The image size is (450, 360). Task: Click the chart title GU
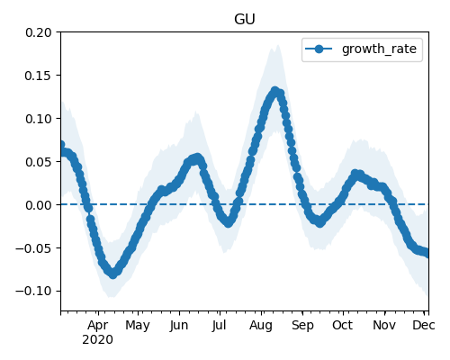(245, 19)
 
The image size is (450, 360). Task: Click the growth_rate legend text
(379, 49)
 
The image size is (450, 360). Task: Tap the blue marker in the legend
(319, 49)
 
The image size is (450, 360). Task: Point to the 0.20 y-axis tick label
(39, 32)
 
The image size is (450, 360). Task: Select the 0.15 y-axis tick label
(39, 76)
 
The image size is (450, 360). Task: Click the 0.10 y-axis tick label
(39, 119)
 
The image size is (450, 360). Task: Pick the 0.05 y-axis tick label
(39, 162)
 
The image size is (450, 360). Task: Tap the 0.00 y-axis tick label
(39, 205)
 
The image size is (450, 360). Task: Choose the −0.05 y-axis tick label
(33, 248)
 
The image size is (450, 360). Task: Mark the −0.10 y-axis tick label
(33, 292)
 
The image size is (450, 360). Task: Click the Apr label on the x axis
(98, 326)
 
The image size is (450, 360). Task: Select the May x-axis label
(138, 326)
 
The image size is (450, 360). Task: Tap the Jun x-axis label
(179, 326)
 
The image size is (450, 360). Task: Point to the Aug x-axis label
(261, 326)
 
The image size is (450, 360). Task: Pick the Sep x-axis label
(302, 326)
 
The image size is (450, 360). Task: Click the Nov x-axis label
(384, 326)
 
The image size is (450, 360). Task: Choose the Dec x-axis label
(424, 326)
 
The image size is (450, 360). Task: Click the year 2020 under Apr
(98, 340)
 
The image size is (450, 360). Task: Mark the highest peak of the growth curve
(274, 91)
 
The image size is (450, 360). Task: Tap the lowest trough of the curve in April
(112, 274)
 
